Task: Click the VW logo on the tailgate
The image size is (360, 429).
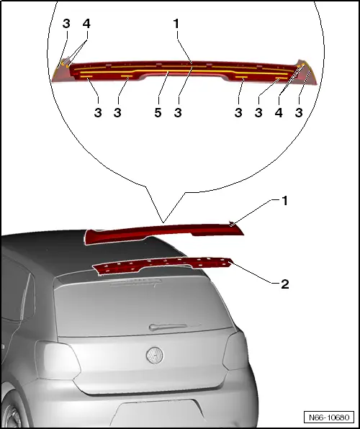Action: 155,356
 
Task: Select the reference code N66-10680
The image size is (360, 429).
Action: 329,417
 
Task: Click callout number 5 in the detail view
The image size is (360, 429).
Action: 158,113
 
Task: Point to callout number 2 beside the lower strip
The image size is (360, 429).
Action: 284,284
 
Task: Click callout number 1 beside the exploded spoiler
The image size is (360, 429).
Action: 284,201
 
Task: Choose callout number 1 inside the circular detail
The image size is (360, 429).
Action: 176,24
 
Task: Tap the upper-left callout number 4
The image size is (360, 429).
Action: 86,24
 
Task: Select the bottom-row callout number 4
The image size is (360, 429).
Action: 279,113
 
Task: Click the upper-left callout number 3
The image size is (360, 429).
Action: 66,24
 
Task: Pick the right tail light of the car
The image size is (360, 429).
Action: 234,351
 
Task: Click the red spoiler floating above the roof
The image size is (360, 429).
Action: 164,232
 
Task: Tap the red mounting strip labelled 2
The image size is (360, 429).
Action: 163,266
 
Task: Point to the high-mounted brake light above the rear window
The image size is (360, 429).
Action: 135,282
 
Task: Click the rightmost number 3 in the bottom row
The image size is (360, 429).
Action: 299,113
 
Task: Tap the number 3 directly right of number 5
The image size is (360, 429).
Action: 178,113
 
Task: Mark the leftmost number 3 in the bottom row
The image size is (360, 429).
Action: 98,113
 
